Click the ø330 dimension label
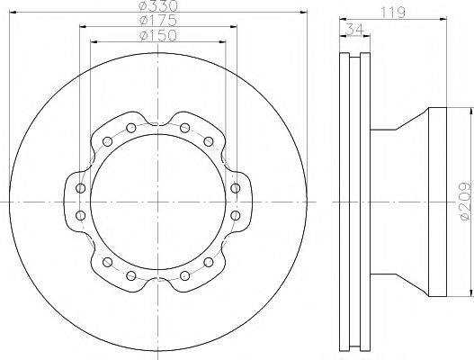pyautogui.click(x=158, y=5)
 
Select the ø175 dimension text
pyautogui.click(x=158, y=21)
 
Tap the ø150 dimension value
pyautogui.click(x=158, y=35)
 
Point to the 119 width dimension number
pyautogui.click(x=393, y=13)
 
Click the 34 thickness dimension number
pyautogui.click(x=354, y=29)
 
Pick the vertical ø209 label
pyautogui.click(x=465, y=201)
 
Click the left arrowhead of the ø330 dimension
pyautogui.click(x=13, y=12)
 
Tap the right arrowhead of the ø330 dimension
pyautogui.click(x=304, y=12)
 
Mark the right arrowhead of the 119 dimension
pyautogui.click(x=443, y=20)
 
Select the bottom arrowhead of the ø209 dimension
pyautogui.click(x=470, y=292)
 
